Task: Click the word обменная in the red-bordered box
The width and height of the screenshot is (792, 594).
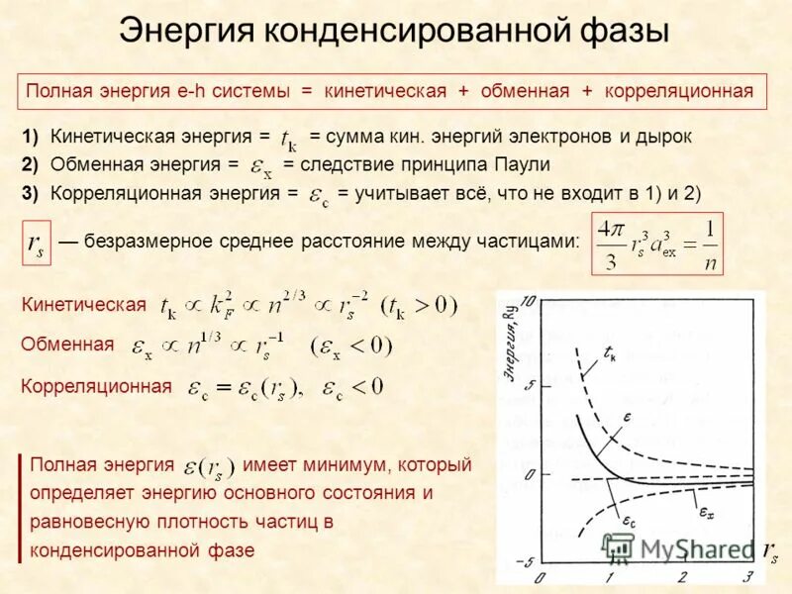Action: (x=525, y=91)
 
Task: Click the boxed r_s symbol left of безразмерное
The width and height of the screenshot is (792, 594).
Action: (x=36, y=244)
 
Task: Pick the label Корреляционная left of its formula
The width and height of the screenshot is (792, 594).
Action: (x=96, y=386)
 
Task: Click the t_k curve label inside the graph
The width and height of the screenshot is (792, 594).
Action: (x=610, y=351)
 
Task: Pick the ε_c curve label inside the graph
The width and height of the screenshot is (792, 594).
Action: (x=628, y=519)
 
